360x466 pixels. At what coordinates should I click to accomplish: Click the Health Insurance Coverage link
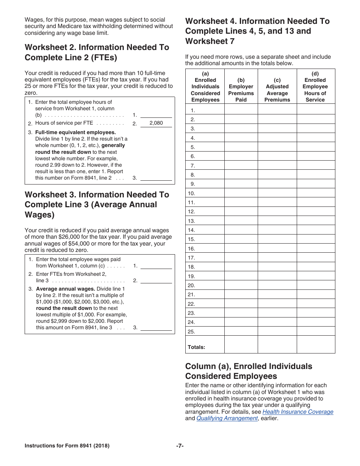click(x=298, y=412)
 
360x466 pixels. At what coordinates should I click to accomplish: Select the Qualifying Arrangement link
click(x=227, y=418)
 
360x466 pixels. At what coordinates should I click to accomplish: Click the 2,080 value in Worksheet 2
click(x=156, y=123)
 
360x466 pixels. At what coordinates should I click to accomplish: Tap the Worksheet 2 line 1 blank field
click(x=156, y=114)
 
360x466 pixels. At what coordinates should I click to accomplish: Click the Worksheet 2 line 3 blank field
click(x=156, y=177)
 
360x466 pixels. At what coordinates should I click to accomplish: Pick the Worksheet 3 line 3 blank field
click(x=156, y=327)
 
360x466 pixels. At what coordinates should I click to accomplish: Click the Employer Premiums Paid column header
click(x=241, y=90)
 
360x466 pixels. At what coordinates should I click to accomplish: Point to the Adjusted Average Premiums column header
click(x=277, y=90)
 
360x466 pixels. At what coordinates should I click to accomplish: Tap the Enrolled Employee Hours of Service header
click(x=315, y=87)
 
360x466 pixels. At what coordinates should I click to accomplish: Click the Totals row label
click(x=196, y=347)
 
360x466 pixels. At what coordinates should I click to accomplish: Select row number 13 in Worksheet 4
click(x=191, y=221)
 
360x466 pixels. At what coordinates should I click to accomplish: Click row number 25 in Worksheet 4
click(x=191, y=332)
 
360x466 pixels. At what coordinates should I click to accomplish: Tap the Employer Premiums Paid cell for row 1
click(x=241, y=110)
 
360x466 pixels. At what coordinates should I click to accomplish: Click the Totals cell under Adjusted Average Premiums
click(x=277, y=344)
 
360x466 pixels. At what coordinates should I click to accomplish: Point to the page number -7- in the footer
click(x=180, y=446)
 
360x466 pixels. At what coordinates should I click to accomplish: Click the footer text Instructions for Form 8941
click(x=67, y=446)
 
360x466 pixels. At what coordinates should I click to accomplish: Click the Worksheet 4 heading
click(x=257, y=31)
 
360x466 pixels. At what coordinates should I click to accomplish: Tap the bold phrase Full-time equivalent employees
click(x=75, y=132)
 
